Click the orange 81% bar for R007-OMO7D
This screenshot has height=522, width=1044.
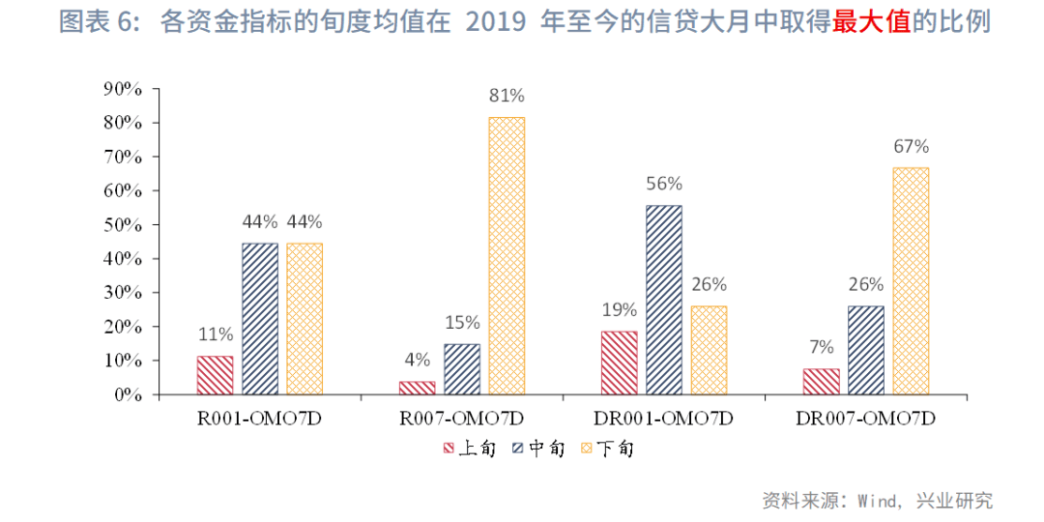tap(507, 256)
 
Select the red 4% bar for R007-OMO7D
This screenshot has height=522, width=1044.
tap(417, 388)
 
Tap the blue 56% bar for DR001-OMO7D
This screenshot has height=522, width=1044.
tap(664, 300)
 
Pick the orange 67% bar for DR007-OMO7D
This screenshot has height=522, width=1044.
tap(911, 280)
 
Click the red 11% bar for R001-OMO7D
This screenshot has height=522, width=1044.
tap(215, 375)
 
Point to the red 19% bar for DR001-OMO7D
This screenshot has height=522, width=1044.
tap(619, 362)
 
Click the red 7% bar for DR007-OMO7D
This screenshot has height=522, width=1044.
tap(821, 382)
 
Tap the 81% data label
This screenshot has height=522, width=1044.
tap(507, 96)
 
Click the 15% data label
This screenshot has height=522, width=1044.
tap(462, 323)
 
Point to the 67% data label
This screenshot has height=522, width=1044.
tap(911, 147)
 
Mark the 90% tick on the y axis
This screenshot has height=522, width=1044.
tap(123, 89)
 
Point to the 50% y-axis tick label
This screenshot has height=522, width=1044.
tap(123, 225)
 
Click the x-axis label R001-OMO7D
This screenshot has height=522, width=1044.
tap(260, 419)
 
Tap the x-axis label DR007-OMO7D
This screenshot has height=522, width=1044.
tap(865, 419)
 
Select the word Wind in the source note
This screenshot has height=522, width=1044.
tap(877, 501)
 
